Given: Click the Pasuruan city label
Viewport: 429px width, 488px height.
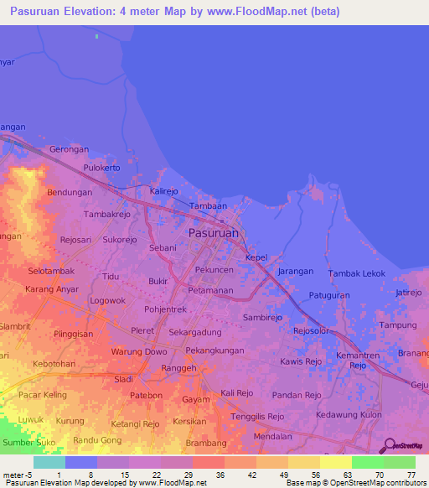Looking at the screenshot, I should (214, 232).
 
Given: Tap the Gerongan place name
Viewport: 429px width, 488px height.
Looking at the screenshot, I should (70, 149).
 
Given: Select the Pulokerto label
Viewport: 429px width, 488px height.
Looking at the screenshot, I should (102, 168).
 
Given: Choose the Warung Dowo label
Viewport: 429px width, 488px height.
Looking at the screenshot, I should (139, 351).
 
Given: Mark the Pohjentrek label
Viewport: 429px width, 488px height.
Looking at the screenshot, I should (165, 309).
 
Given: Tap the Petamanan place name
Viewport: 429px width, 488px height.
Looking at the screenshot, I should (210, 290).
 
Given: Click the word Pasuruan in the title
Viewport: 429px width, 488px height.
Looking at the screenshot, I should (41, 11).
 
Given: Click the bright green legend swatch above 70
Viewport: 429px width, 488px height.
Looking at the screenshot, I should (367, 462).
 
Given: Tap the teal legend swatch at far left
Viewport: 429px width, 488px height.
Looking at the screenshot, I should (49, 462).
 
